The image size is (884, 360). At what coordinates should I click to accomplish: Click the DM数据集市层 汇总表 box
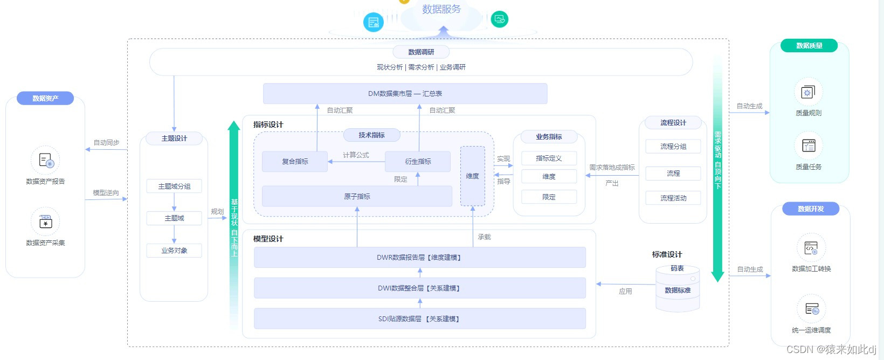[405, 94]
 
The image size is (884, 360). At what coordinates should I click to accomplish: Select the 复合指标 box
[295, 162]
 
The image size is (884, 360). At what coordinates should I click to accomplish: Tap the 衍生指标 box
[418, 162]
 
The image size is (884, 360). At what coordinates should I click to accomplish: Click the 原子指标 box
[357, 197]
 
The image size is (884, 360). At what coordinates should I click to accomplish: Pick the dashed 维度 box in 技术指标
[472, 176]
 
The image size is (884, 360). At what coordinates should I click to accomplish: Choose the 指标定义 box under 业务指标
[549, 158]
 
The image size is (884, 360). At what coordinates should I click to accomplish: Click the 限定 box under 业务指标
[549, 197]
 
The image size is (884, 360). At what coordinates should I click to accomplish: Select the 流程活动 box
[673, 198]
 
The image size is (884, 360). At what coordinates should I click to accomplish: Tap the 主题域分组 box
[174, 186]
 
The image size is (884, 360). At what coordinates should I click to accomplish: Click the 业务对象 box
[174, 251]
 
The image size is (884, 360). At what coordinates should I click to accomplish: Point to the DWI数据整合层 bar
[419, 288]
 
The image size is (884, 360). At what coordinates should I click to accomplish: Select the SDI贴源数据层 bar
[419, 319]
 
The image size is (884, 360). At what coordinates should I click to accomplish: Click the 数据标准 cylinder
[678, 290]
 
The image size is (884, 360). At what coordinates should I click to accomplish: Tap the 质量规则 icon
[808, 93]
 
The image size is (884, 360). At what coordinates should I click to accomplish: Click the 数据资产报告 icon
[46, 161]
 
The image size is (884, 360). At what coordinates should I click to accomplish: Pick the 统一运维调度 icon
[811, 309]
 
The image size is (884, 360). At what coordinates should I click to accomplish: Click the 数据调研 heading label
[421, 52]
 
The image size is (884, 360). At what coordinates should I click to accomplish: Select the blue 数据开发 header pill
[811, 209]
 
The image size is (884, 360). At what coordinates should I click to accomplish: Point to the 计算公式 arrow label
[356, 155]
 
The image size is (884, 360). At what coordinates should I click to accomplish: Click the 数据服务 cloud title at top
[441, 9]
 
